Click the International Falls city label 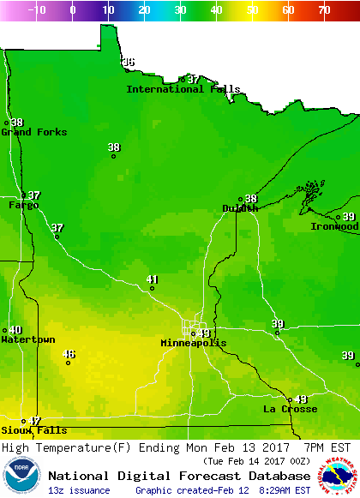183,89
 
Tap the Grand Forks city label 27,132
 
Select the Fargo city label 23,205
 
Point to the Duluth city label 239,208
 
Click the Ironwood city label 334,226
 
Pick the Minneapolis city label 194,343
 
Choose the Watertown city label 27,339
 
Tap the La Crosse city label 290,409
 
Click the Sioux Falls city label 21,429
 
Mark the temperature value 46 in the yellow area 69,354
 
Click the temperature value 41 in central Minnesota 153,279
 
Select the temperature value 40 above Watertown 15,330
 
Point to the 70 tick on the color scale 323,10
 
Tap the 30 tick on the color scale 180,10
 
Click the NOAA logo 21,477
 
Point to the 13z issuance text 79,490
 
